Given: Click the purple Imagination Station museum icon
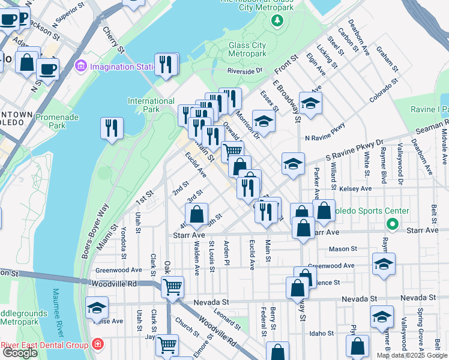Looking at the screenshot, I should (x=81, y=66).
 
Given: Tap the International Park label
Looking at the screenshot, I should (x=151, y=106).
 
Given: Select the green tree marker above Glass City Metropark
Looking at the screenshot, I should (x=277, y=22).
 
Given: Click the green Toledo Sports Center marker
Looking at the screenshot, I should (x=393, y=225).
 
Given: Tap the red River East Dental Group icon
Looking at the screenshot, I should (x=97, y=345).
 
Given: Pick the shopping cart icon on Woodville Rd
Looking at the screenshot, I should (x=173, y=286).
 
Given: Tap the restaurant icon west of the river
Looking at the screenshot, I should (x=112, y=128).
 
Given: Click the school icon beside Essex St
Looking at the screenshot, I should (x=264, y=121).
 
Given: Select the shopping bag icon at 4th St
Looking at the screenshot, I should (x=196, y=214).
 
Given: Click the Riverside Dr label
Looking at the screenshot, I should (x=245, y=71).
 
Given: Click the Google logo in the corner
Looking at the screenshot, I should (x=20, y=353).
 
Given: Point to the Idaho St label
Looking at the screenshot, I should (x=321, y=333).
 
